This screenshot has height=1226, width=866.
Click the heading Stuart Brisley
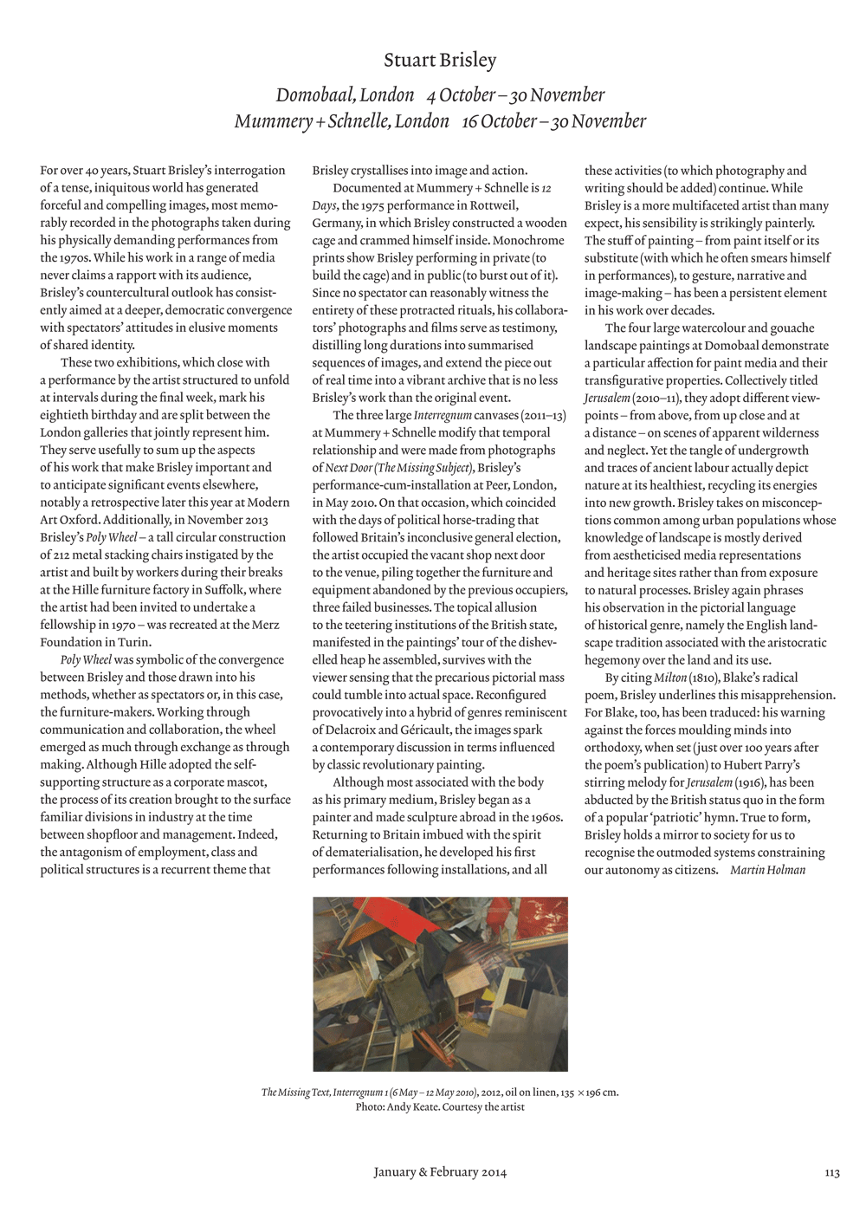(x=440, y=61)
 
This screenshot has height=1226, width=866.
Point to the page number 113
(x=831, y=1172)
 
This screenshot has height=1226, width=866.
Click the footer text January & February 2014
(x=440, y=1172)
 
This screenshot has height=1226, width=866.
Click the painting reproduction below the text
(x=440, y=983)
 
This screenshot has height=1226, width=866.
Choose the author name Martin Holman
(x=767, y=870)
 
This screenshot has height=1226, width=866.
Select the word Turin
(x=135, y=642)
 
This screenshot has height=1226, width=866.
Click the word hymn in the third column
(x=743, y=817)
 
